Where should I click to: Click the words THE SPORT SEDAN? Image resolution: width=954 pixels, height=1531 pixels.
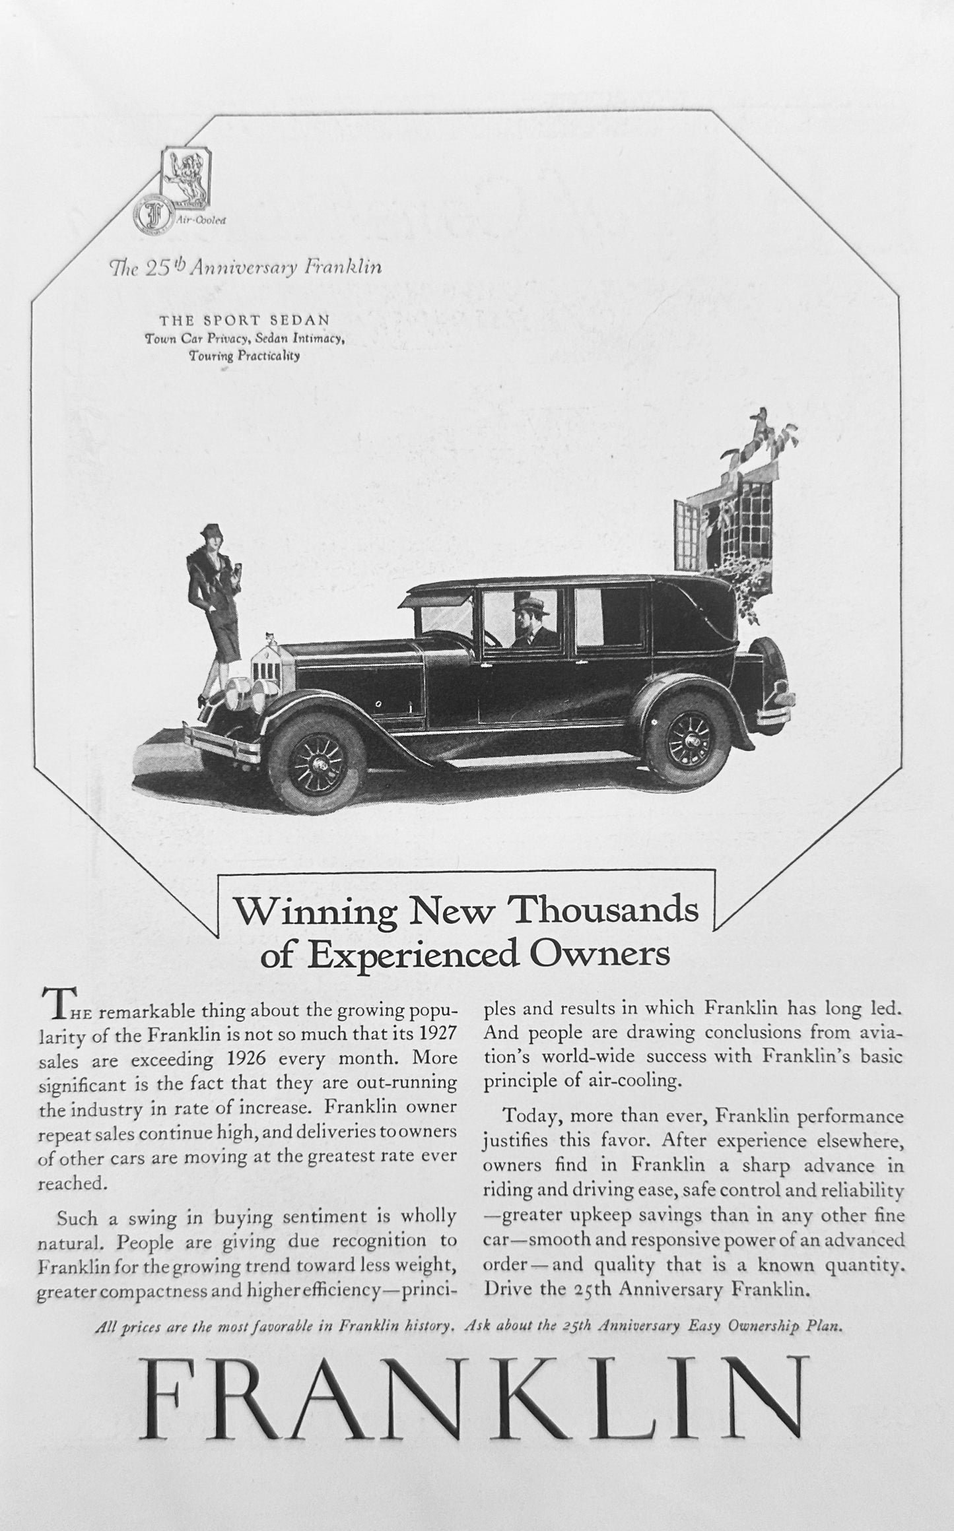pyautogui.click(x=244, y=320)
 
